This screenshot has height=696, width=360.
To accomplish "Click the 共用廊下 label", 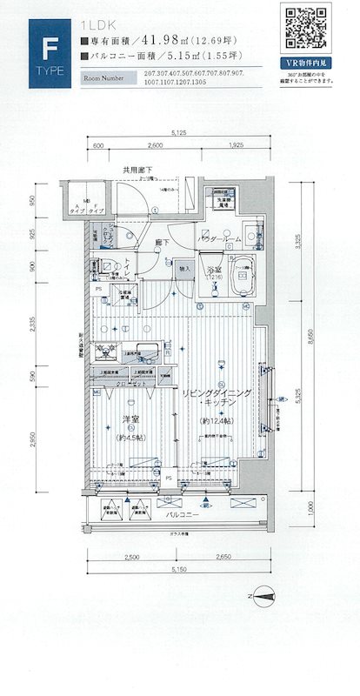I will (x=137, y=171).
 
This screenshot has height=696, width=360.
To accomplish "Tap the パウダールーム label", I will (x=218, y=238).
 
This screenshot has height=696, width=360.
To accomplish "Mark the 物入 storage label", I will (x=184, y=270).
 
